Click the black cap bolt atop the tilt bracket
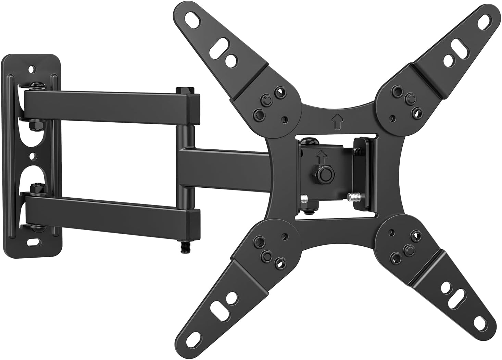point(308,140)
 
